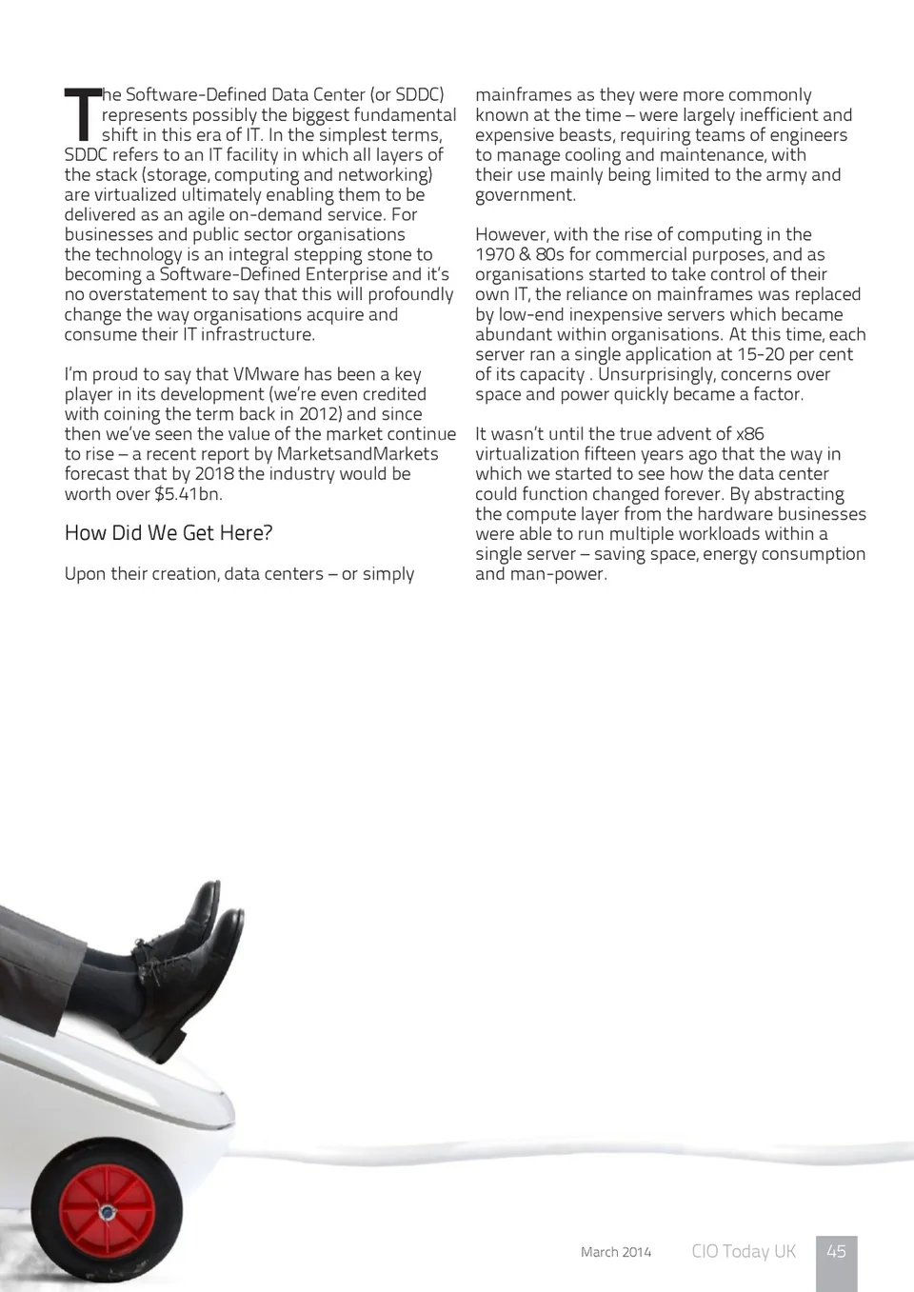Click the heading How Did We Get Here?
click(169, 533)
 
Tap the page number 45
click(837, 1251)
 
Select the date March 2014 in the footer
click(616, 1252)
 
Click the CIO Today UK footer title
click(744, 1251)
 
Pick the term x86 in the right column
click(750, 434)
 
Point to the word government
click(525, 195)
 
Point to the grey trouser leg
click(48, 962)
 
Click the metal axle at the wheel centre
click(107, 1212)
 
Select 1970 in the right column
click(494, 254)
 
